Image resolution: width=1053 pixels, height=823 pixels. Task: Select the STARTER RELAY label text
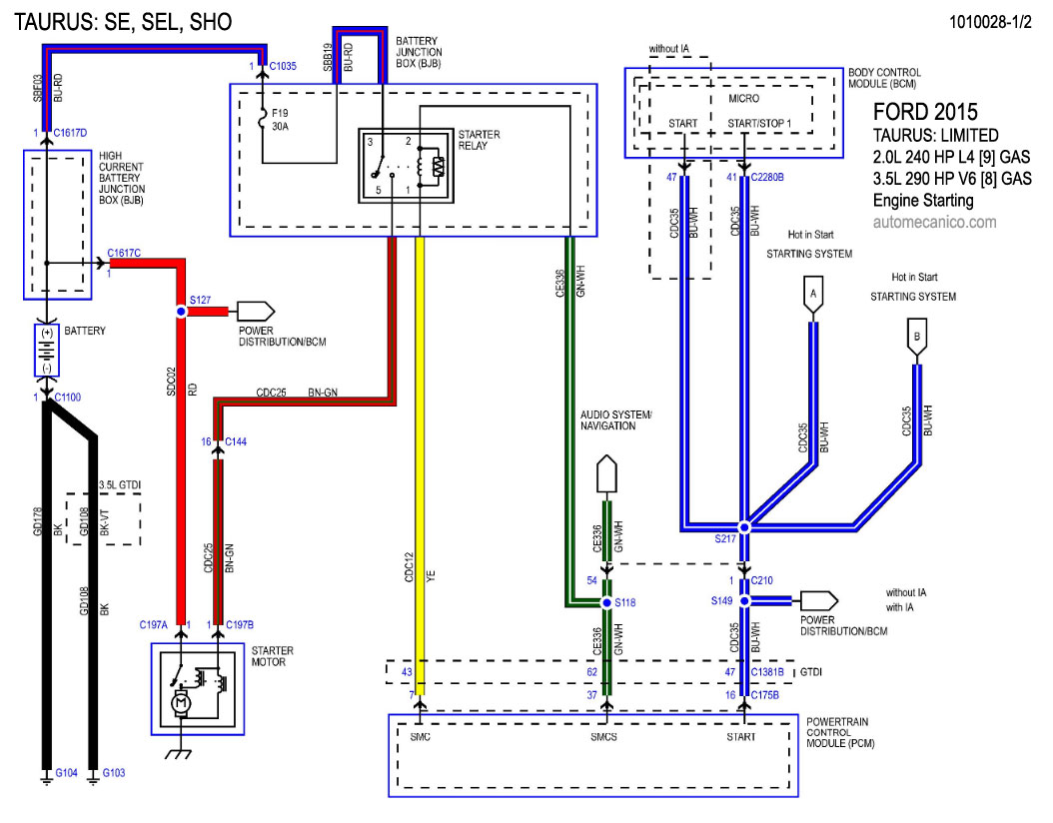[479, 141]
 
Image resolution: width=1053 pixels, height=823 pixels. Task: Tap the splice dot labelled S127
[181, 312]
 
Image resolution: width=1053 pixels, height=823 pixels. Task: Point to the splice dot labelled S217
[743, 526]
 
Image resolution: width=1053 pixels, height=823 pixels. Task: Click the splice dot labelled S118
[605, 603]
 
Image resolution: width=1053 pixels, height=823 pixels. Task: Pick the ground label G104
[67, 773]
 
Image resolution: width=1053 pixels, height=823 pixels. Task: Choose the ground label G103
[115, 773]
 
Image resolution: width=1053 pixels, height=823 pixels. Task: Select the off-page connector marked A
[813, 294]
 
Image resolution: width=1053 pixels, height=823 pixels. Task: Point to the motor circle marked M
[182, 703]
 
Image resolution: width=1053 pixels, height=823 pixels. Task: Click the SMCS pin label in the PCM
[605, 737]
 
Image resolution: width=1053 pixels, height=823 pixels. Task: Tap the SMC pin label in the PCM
[420, 737]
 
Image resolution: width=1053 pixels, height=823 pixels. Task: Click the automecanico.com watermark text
[934, 223]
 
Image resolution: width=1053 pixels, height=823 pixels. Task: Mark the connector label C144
[237, 440]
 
